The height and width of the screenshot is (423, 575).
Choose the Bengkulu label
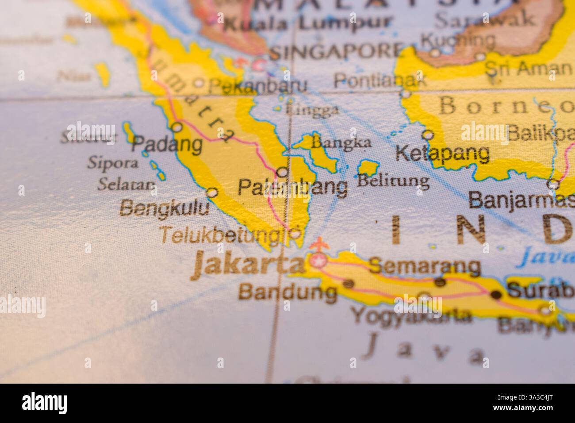tap(165, 208)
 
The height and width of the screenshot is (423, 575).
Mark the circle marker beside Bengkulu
tap(212, 193)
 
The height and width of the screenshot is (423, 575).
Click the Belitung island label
tap(393, 181)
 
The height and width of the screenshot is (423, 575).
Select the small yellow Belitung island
tap(368, 168)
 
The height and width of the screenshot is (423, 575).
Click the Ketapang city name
tap(442, 154)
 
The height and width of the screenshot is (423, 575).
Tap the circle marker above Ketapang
tap(427, 134)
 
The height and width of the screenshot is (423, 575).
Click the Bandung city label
tap(287, 292)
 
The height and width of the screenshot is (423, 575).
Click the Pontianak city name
tap(379, 81)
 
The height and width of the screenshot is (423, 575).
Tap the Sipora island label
tap(112, 162)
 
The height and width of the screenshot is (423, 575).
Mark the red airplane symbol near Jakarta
tap(317, 244)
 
